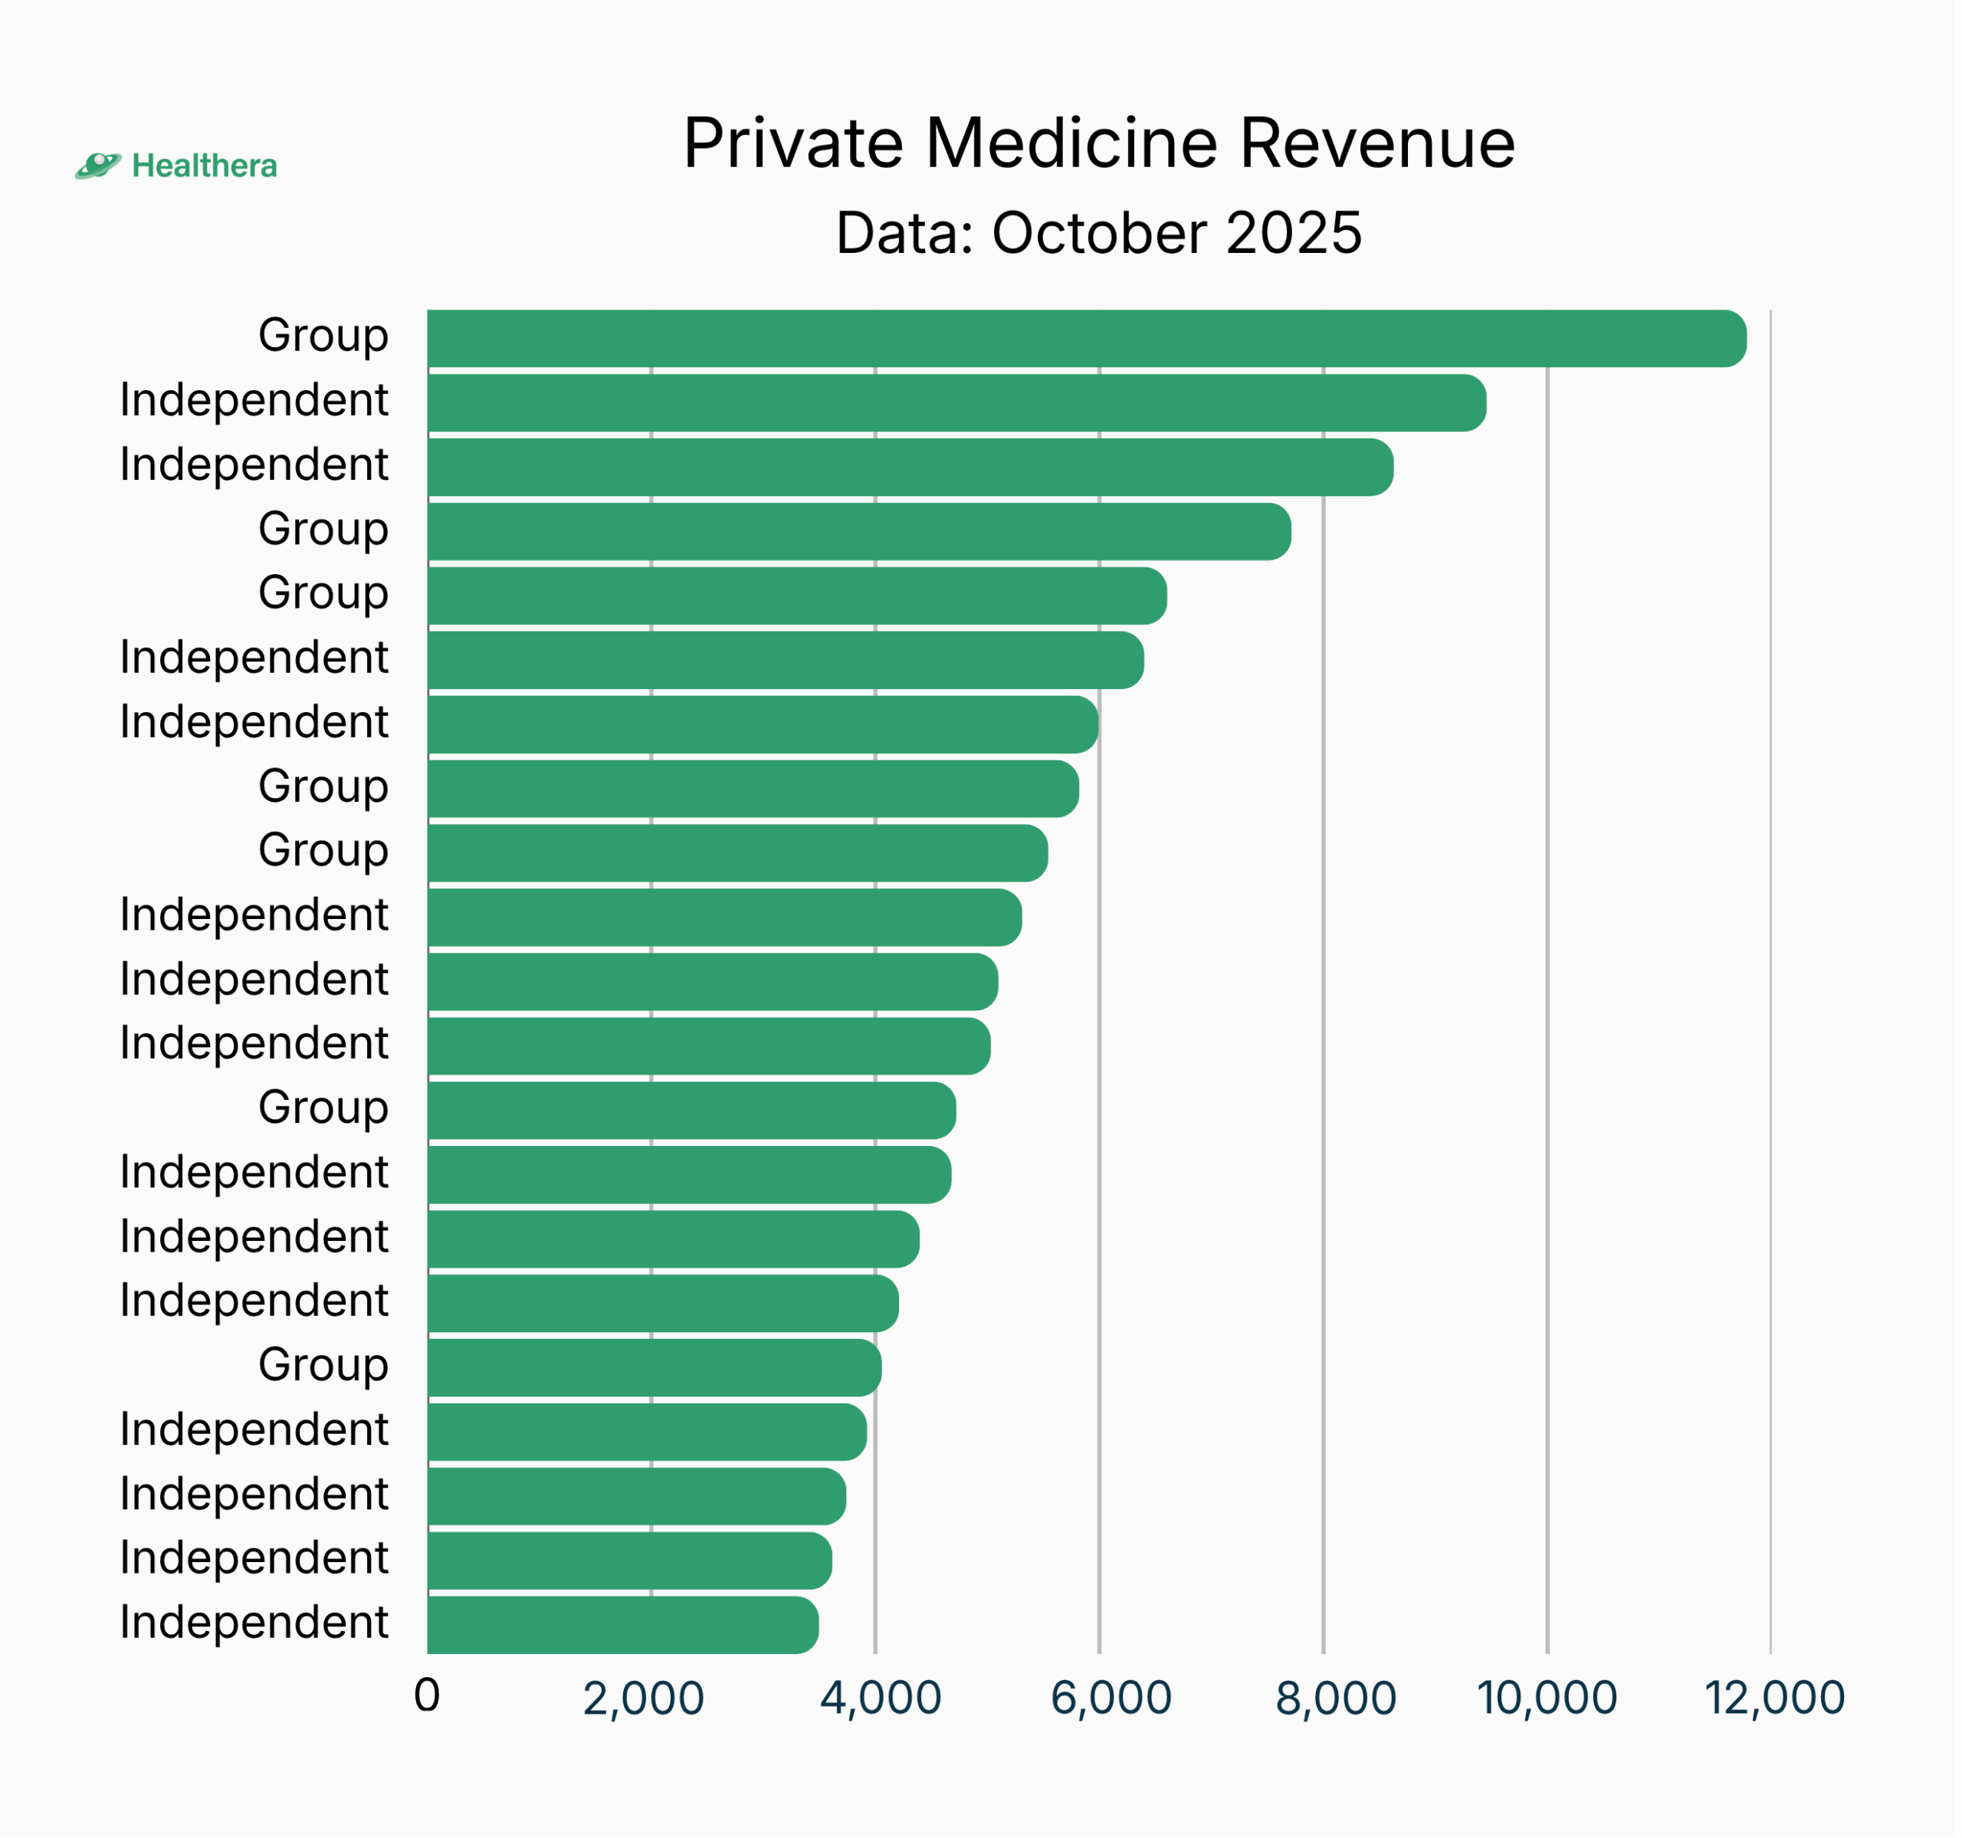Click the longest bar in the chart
coord(1085,339)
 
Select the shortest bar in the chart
coord(623,1625)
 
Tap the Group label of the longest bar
coord(323,336)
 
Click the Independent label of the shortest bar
coord(254,1622)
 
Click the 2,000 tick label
coord(644,1698)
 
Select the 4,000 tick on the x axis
coord(881,1698)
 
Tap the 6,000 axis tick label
coord(1111,1698)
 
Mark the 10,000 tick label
coord(1547,1698)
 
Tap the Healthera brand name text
coord(205,166)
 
